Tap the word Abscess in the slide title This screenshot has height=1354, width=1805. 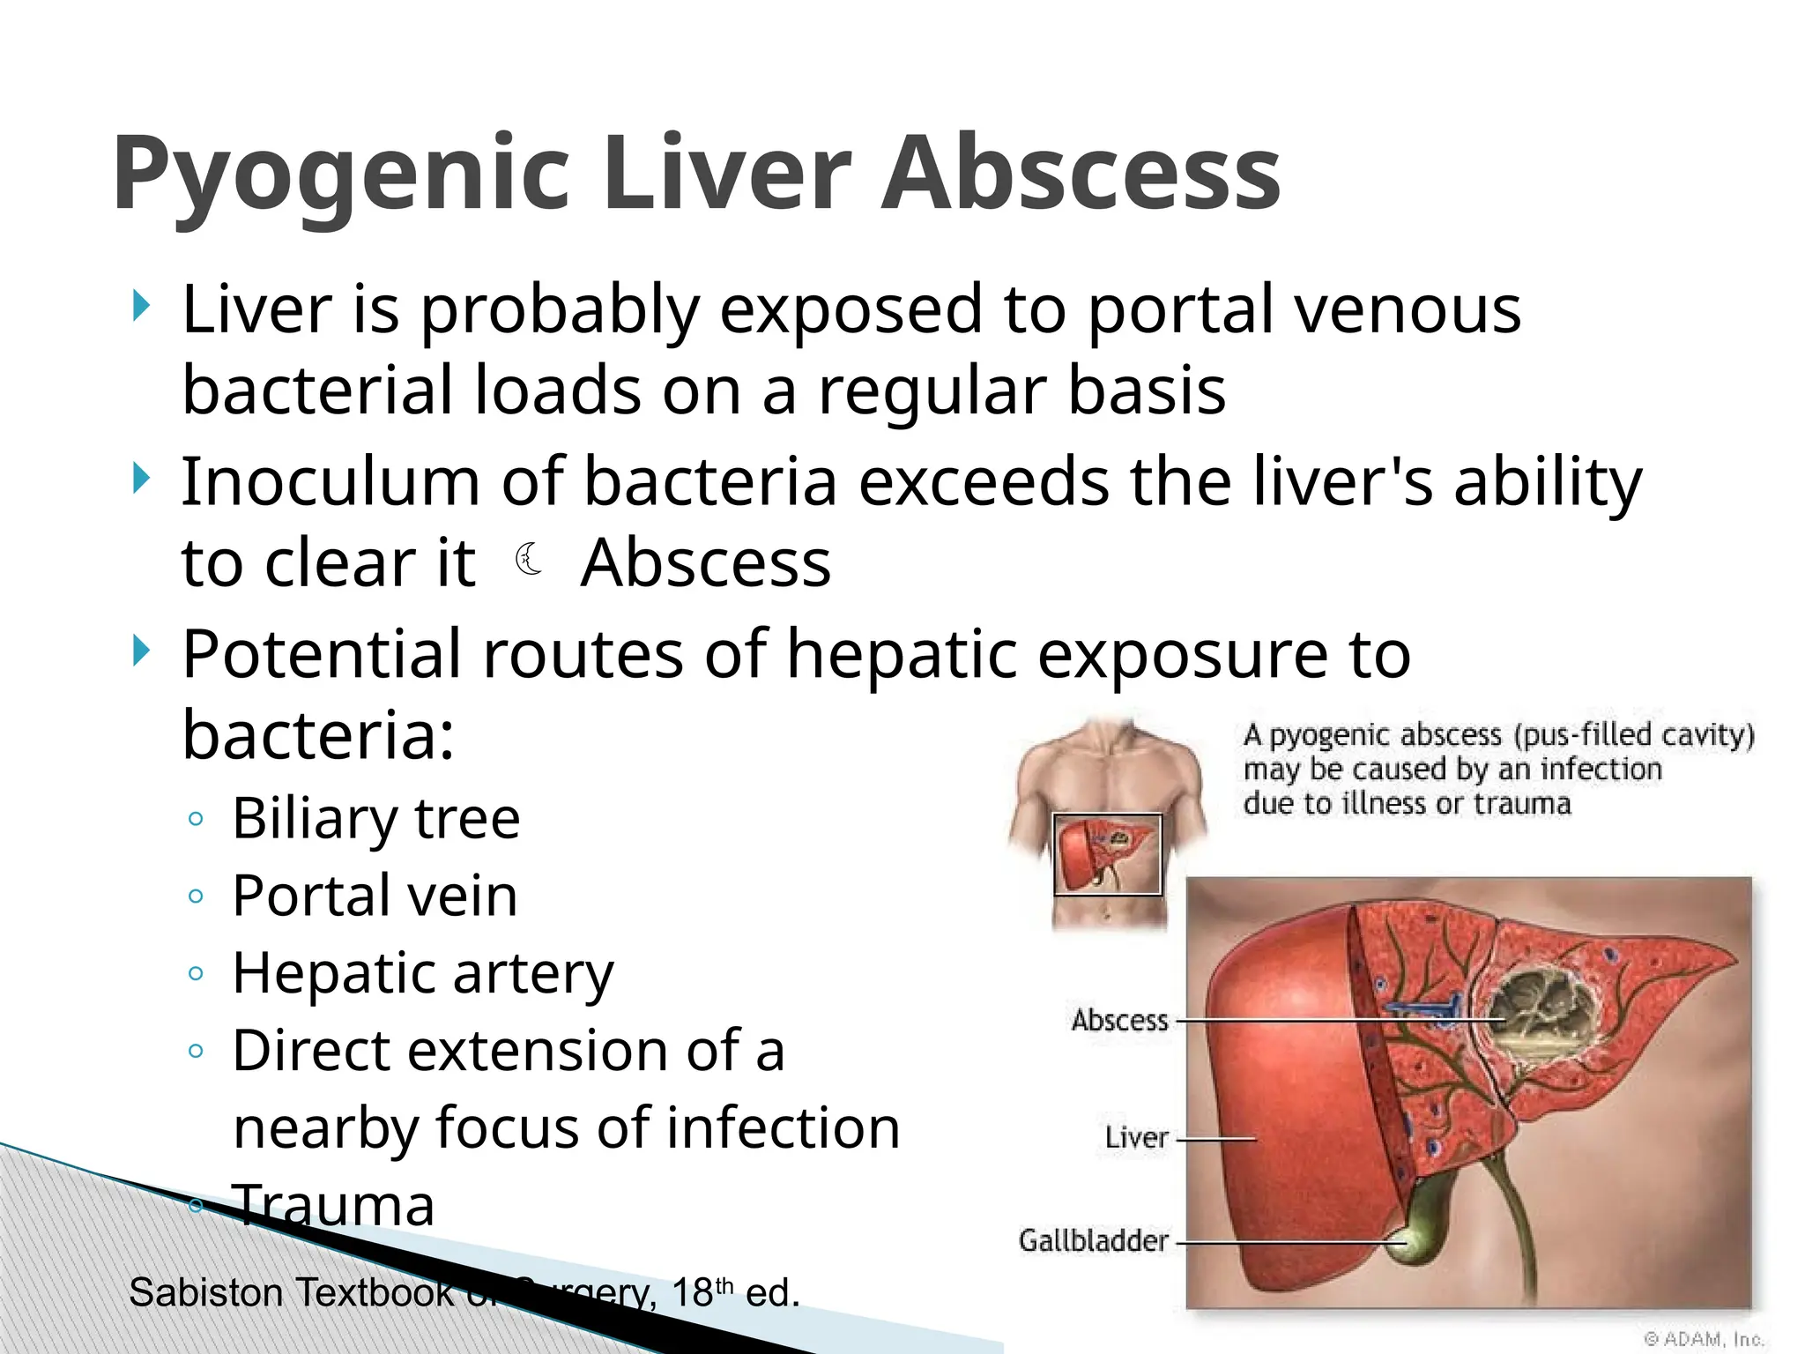point(1081,173)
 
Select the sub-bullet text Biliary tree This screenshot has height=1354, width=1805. point(375,818)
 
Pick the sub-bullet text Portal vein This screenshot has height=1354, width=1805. point(375,896)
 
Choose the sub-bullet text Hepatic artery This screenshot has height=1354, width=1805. point(422,973)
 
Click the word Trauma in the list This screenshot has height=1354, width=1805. point(333,1204)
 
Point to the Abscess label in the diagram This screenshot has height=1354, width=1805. point(1119,1020)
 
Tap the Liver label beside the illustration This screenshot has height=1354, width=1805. point(1136,1137)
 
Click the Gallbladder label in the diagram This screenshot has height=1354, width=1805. point(1093,1240)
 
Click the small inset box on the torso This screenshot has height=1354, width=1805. point(1108,854)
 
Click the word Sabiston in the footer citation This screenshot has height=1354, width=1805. point(204,1293)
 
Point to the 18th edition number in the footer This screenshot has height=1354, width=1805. point(702,1293)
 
